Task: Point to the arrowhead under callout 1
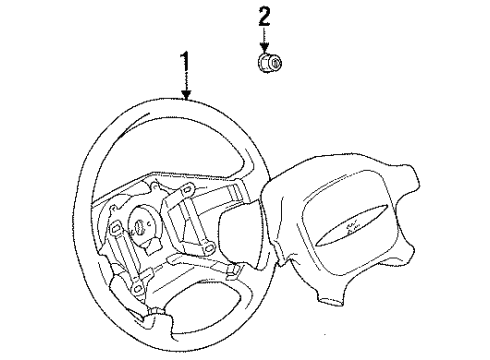[x=186, y=98]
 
